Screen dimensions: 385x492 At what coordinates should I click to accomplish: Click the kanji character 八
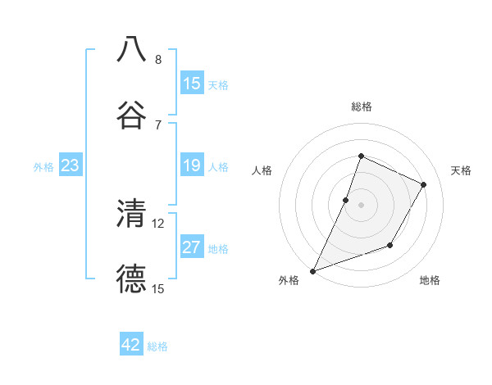click(131, 49)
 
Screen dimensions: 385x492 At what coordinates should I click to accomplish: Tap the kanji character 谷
click(131, 115)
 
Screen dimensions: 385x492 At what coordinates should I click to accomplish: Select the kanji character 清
click(131, 213)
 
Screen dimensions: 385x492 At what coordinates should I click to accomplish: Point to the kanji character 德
click(131, 279)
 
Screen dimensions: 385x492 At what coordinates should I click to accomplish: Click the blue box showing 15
click(192, 84)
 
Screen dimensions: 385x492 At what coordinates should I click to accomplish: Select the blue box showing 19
click(192, 166)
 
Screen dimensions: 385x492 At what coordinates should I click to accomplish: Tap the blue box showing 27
click(192, 248)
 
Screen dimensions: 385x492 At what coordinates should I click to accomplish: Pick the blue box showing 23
click(71, 166)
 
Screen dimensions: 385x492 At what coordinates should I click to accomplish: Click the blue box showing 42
click(131, 346)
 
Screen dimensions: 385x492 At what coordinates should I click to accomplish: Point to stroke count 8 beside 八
click(158, 60)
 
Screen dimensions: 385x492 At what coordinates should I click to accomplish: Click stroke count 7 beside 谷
click(158, 125)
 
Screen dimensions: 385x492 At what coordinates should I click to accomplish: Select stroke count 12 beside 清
click(158, 223)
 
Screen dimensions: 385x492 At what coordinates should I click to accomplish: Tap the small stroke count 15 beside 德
click(158, 288)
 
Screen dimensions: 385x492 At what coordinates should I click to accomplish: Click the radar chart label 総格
click(361, 106)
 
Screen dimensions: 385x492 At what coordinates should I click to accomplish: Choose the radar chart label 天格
click(461, 170)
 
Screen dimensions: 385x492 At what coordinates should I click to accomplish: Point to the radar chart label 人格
click(262, 170)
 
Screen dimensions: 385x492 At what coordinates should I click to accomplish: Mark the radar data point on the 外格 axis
click(312, 270)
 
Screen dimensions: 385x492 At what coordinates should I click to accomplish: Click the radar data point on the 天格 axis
click(424, 184)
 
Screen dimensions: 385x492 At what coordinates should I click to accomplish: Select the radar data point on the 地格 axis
click(391, 245)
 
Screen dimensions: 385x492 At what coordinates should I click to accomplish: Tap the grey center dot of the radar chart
click(361, 205)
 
